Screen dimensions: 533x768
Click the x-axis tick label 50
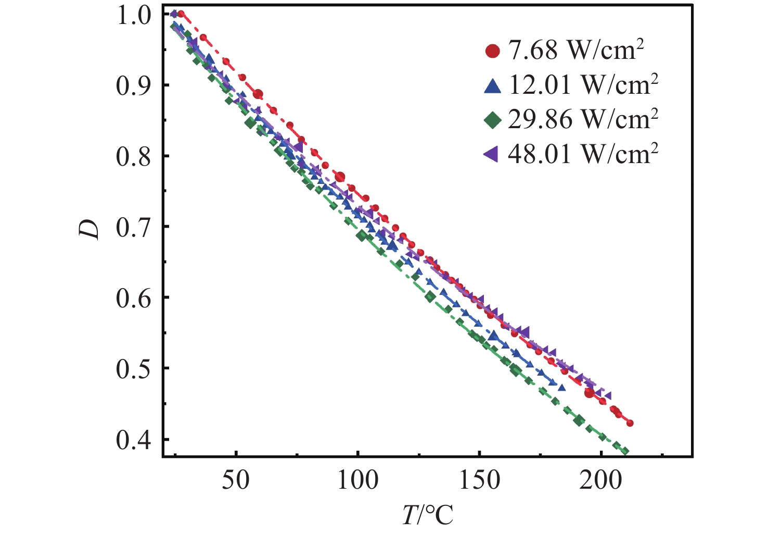coord(236,480)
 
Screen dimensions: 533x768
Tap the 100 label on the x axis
coord(358,480)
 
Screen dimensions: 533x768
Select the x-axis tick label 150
coord(479,480)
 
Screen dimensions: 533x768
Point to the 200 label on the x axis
coord(601,480)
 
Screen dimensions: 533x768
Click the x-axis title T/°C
coord(428,515)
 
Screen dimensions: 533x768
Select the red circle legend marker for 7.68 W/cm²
coord(492,51)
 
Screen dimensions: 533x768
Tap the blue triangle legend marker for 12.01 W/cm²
coord(492,86)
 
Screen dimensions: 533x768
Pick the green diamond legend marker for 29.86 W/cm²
coord(492,121)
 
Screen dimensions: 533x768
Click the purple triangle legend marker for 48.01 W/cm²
coord(491,154)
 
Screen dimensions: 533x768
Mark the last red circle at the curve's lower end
coord(630,423)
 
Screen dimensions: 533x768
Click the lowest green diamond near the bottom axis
coord(625,451)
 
